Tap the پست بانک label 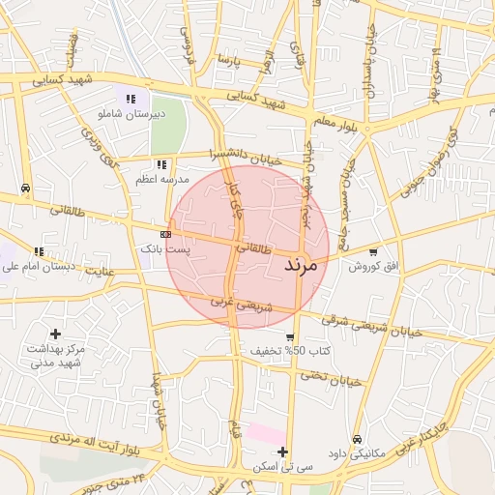click(166, 249)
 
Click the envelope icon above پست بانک click(165, 234)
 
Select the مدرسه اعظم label click(161, 180)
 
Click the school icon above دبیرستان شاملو click(131, 98)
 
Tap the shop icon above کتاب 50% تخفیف click(290, 335)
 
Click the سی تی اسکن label click(283, 466)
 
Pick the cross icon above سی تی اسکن click(282, 451)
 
